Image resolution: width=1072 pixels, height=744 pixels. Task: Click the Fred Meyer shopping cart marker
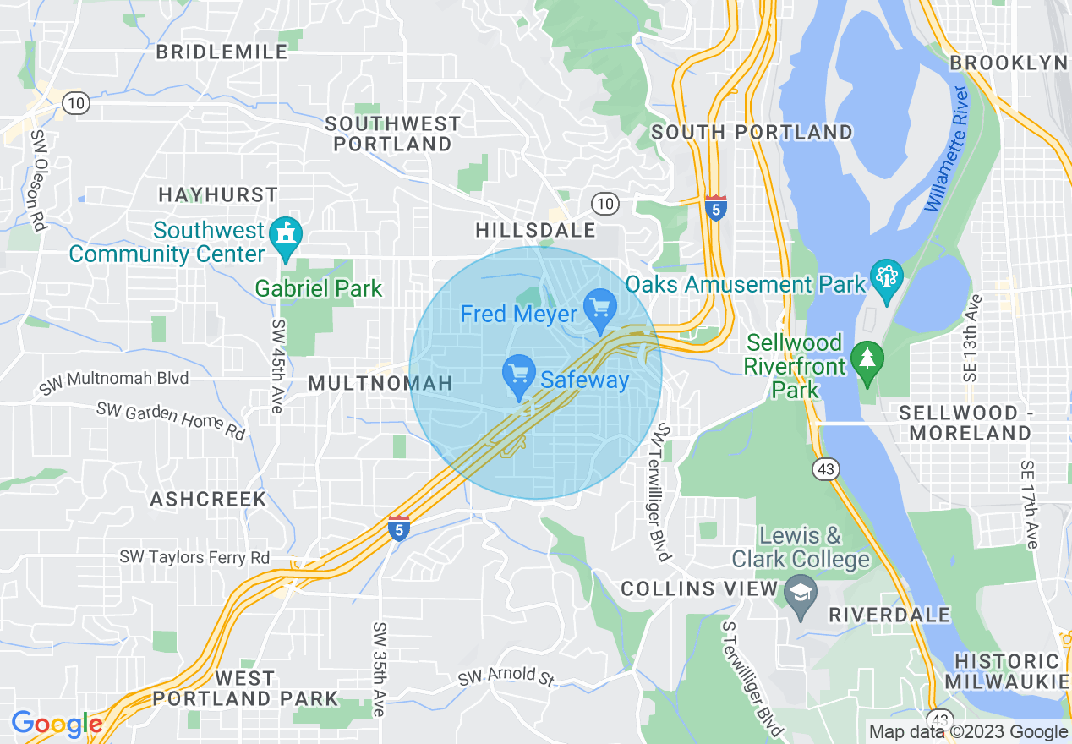[x=600, y=309]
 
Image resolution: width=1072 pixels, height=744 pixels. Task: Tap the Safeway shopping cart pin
[x=518, y=375]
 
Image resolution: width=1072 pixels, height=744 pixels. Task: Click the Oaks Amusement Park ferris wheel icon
[x=887, y=280]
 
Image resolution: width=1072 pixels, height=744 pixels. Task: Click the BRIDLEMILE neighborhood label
[x=222, y=52]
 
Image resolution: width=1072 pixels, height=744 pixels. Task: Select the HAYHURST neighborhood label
[x=218, y=195]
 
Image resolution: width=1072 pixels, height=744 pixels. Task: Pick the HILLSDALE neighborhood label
[x=535, y=230]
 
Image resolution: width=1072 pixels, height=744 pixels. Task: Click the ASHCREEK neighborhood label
[x=209, y=500]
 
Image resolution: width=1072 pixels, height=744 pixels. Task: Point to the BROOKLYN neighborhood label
[x=1009, y=63]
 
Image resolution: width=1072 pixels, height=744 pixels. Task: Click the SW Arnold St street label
[x=506, y=676]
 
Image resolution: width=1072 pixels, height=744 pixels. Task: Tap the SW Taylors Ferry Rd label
[x=194, y=557]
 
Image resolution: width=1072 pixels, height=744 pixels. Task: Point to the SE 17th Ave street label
[x=1028, y=505]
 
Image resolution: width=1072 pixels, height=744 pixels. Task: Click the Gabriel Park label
[x=319, y=288]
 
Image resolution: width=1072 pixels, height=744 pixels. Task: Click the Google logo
[x=57, y=725]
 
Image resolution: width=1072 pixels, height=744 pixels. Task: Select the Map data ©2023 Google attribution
[x=968, y=732]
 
